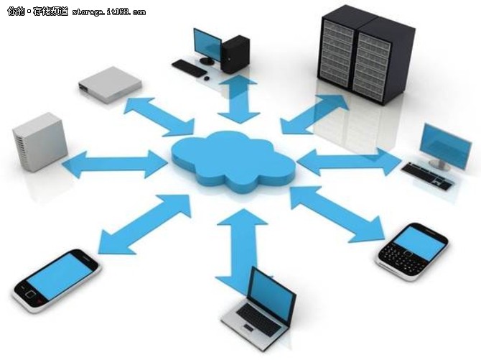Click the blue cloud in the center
233,161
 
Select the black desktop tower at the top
235,55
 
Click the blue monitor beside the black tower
207,45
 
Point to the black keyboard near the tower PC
189,68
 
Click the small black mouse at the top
207,78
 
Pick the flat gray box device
110,85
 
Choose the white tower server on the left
40,142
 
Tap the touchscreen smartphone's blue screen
60,277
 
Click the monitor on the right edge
447,147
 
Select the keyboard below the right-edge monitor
428,176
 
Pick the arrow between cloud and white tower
115,163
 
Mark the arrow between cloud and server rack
314,114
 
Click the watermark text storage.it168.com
109,12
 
